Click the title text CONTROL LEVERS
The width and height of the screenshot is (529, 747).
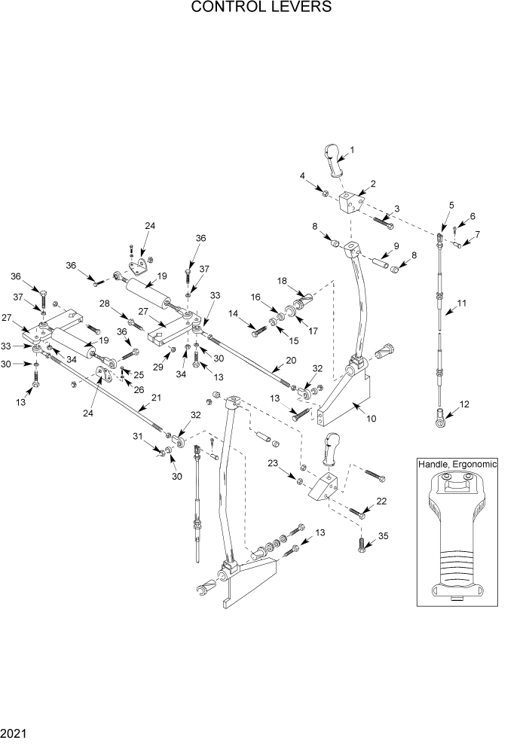(x=261, y=8)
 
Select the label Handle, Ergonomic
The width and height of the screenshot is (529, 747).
(x=457, y=465)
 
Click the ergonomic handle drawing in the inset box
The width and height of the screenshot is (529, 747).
(x=457, y=535)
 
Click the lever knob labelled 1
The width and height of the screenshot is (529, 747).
(x=334, y=158)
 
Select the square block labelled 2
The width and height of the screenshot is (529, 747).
(x=351, y=203)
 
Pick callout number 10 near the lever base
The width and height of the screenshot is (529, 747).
(x=370, y=418)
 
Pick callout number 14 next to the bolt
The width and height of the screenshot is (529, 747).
(x=234, y=313)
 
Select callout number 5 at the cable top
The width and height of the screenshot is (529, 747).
(x=451, y=205)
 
